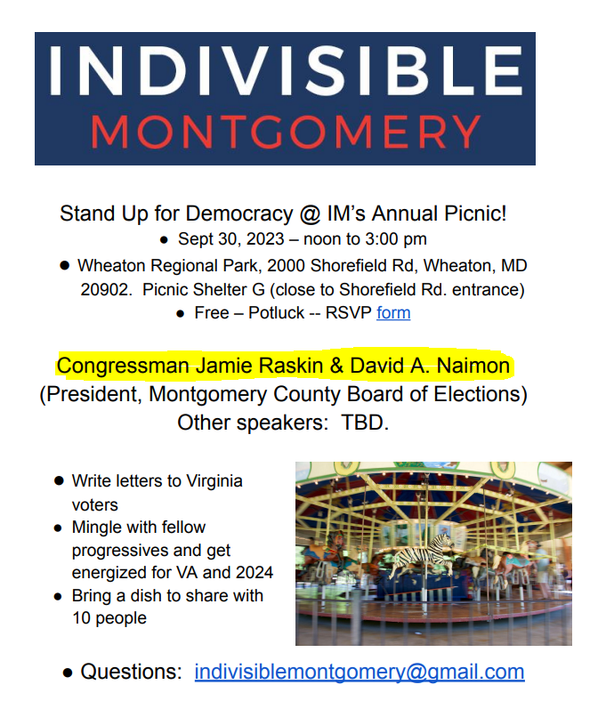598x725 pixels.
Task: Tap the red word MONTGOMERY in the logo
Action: click(286, 132)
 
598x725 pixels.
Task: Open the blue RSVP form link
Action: click(393, 313)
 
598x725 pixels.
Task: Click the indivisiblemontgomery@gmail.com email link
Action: click(360, 672)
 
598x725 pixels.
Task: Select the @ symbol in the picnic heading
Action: click(310, 214)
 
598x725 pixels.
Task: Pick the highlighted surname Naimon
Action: click(473, 366)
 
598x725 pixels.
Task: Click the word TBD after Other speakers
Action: click(366, 423)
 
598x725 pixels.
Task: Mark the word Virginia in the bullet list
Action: click(214, 481)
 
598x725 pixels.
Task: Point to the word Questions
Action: click(132, 672)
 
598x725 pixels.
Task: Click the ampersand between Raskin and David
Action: click(336, 366)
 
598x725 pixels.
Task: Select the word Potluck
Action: click(276, 313)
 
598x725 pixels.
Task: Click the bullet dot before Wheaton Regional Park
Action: click(65, 265)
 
